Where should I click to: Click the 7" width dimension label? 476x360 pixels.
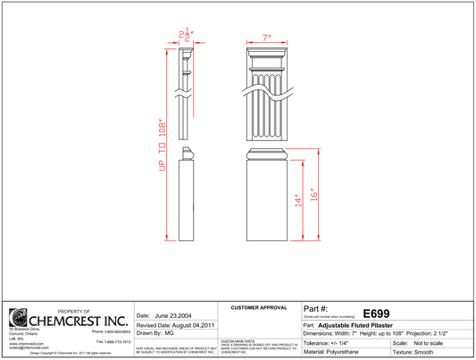tap(266, 38)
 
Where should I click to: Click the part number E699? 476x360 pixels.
tap(375, 314)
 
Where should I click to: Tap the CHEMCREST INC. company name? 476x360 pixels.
tap(79, 320)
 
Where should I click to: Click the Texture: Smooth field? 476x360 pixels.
tap(423, 353)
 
